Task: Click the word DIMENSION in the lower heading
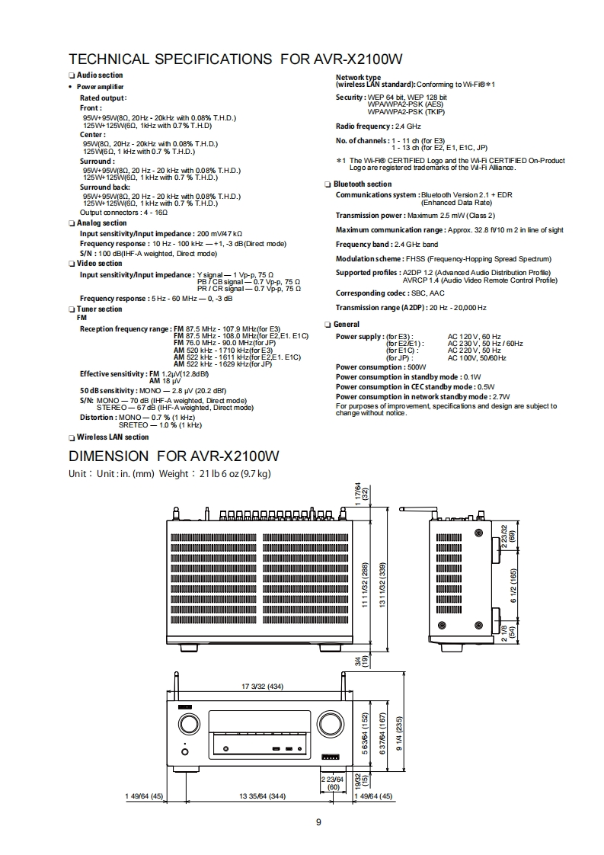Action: (x=109, y=456)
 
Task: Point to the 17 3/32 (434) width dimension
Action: (x=262, y=687)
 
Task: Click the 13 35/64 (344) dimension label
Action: (x=262, y=796)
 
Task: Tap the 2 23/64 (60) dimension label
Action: (x=334, y=783)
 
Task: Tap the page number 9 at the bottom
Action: (x=319, y=821)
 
